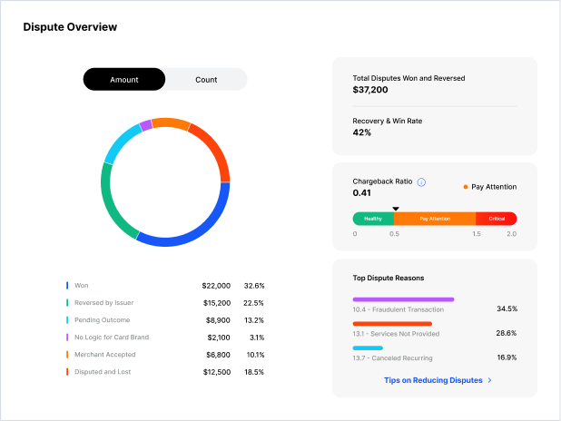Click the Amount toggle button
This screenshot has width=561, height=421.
(124, 80)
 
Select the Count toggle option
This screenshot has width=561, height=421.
(206, 80)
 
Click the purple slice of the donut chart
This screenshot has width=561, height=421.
(146, 125)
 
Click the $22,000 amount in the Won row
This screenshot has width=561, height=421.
(216, 286)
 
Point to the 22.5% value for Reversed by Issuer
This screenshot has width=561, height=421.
(253, 303)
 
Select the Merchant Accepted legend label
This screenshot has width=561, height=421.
(104, 355)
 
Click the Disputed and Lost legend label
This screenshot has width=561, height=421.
(103, 372)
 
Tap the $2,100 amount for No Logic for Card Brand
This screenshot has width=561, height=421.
(219, 338)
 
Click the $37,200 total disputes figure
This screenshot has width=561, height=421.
(370, 90)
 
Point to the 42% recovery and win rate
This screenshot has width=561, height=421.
(361, 132)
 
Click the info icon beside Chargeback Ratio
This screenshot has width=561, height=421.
(421, 182)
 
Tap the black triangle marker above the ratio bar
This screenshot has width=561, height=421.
(396, 209)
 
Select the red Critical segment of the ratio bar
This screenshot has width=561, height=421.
(497, 219)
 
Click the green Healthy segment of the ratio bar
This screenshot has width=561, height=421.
(373, 219)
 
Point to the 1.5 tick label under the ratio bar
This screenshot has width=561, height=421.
(477, 234)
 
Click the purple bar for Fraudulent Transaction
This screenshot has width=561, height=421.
(404, 299)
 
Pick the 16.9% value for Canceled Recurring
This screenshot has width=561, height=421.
(507, 357)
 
